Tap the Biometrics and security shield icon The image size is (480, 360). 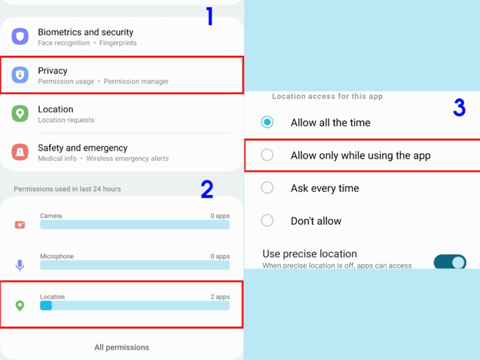20,37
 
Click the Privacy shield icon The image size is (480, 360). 20,75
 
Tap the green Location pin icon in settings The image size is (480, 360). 20,113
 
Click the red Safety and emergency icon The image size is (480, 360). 20,152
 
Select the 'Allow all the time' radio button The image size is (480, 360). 267,122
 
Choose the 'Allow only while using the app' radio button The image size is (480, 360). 267,155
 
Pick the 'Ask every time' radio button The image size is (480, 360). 267,187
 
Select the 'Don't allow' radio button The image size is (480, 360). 267,220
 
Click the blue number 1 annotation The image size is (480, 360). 210,16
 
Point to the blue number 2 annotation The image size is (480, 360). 207,189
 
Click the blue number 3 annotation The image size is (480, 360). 459,107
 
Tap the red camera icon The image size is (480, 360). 20,225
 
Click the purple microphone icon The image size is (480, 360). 20,265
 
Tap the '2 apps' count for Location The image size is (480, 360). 220,297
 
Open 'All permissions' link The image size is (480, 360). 121,347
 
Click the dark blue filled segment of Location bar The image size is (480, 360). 46,306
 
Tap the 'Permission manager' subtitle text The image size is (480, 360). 136,82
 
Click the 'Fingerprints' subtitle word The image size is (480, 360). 118,43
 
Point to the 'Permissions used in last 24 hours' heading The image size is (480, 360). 67,189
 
